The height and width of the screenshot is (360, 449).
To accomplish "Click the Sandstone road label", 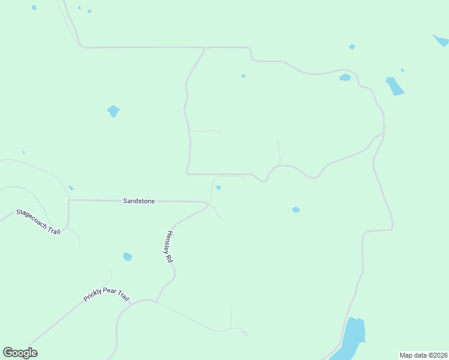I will click(139, 201).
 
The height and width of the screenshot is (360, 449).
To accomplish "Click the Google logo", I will click(20, 353).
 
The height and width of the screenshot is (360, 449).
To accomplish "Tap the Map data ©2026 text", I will click(423, 355).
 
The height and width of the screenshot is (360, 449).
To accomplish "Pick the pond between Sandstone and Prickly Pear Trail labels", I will click(127, 257).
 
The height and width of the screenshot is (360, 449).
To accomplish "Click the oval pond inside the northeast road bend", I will click(345, 77).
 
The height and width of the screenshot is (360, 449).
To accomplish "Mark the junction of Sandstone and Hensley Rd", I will click(208, 203).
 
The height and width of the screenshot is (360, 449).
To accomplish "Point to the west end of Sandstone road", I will click(70, 200).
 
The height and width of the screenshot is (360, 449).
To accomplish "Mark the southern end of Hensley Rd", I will click(158, 300).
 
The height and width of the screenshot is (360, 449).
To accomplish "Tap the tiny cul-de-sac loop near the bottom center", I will click(245, 334).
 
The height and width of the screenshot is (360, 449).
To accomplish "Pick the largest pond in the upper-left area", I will click(113, 111).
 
